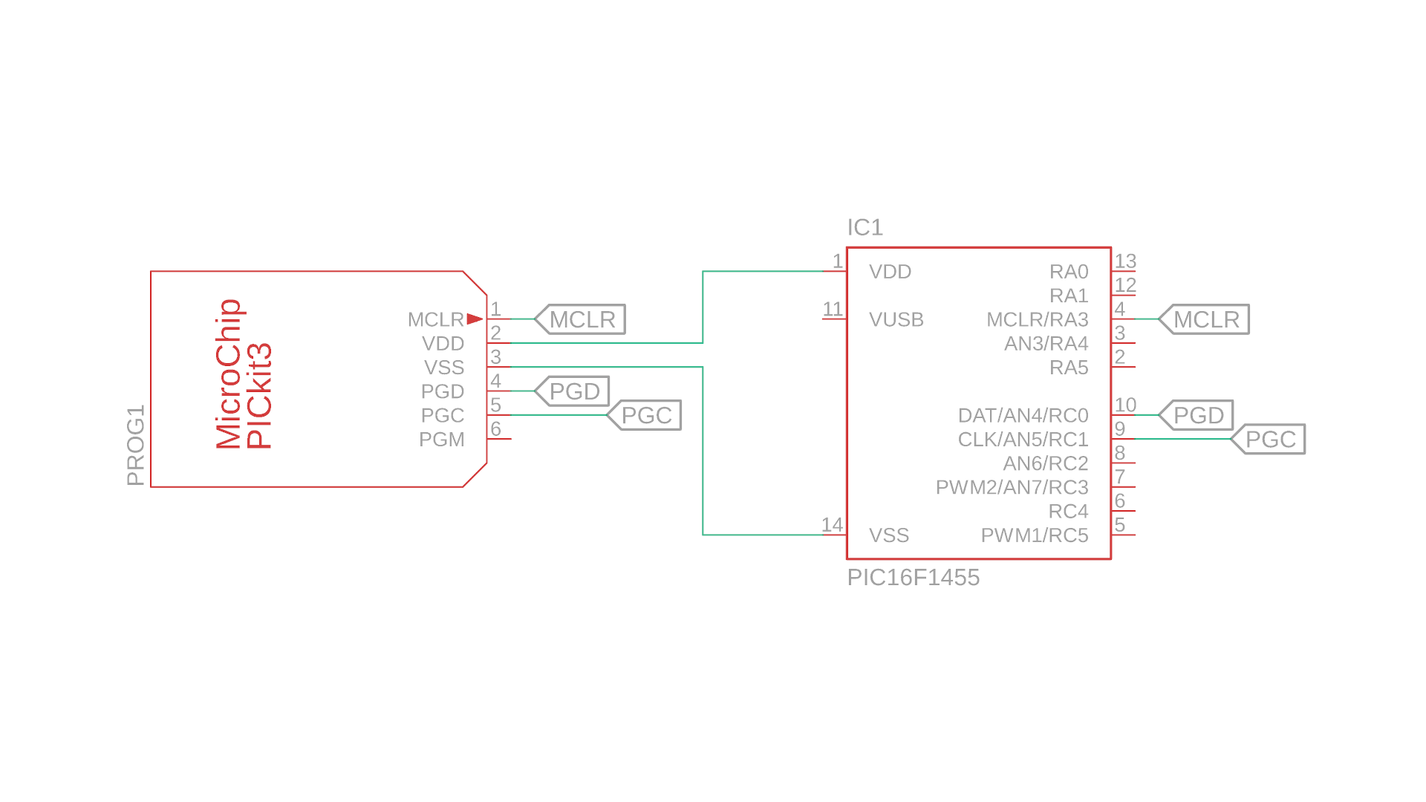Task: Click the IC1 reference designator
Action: [x=865, y=227]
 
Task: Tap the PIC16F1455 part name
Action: [x=913, y=577]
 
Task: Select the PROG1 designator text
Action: [x=136, y=446]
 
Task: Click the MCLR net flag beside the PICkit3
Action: [x=582, y=319]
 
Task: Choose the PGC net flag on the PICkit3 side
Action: [x=645, y=415]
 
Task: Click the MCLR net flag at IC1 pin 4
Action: [x=1205, y=319]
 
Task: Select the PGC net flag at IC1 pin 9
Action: [x=1269, y=439]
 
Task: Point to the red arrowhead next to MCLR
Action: [x=475, y=319]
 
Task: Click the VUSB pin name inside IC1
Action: [x=896, y=319]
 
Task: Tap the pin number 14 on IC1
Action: [x=832, y=524]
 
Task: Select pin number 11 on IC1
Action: [x=833, y=309]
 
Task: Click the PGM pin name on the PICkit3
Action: [x=442, y=440]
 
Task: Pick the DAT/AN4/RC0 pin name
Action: [x=1023, y=415]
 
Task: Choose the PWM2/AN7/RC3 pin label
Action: [x=1012, y=487]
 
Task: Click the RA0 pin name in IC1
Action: [x=1069, y=272]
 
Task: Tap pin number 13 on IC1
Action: [x=1125, y=261]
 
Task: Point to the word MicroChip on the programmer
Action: [x=229, y=374]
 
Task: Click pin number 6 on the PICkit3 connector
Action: [x=496, y=429]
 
